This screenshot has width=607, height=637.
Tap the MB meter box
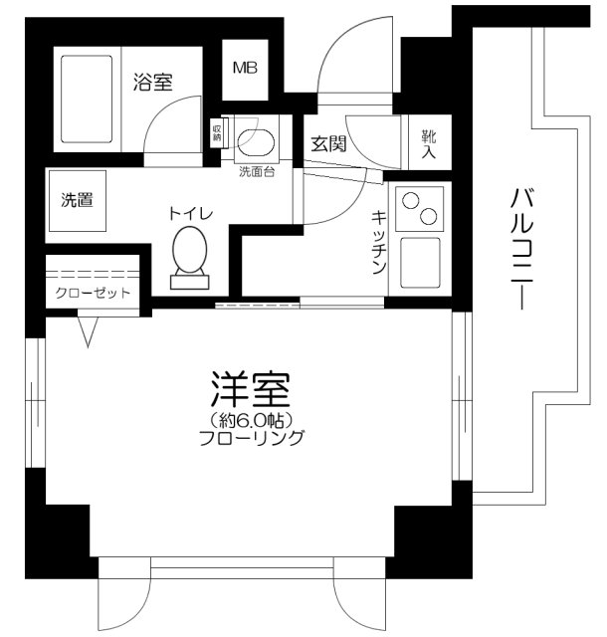244,69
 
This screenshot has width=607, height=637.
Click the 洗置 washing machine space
78,200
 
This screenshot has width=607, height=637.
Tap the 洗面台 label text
258,171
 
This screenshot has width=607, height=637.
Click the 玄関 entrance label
327,143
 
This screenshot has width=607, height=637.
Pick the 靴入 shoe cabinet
429,144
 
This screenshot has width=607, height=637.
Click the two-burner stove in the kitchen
419,208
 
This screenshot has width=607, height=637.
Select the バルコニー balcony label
518,249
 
